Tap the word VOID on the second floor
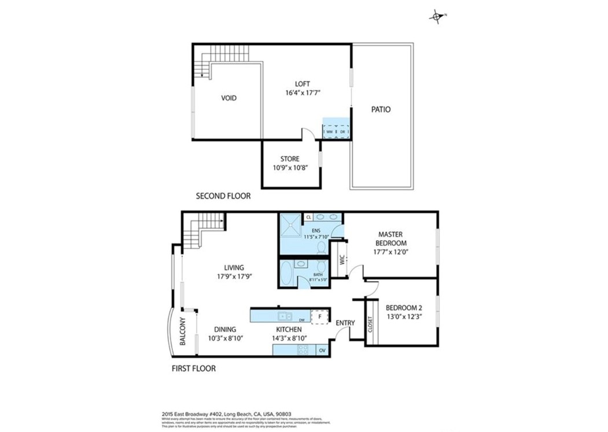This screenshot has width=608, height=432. [229, 98]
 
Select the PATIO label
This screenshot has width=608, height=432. [380, 109]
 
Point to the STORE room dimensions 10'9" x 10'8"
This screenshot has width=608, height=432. [290, 168]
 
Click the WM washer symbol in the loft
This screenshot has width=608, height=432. [329, 132]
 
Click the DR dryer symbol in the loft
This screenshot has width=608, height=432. [342, 132]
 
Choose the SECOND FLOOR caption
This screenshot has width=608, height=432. [223, 196]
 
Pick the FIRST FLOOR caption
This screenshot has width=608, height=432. [194, 368]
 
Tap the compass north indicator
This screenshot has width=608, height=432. [436, 17]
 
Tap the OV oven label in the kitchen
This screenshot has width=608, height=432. [322, 350]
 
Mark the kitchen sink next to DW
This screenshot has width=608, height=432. [284, 316]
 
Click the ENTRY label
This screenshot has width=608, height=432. [345, 323]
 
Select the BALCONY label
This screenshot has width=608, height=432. [182, 332]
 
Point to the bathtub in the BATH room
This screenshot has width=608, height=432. [288, 271]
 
